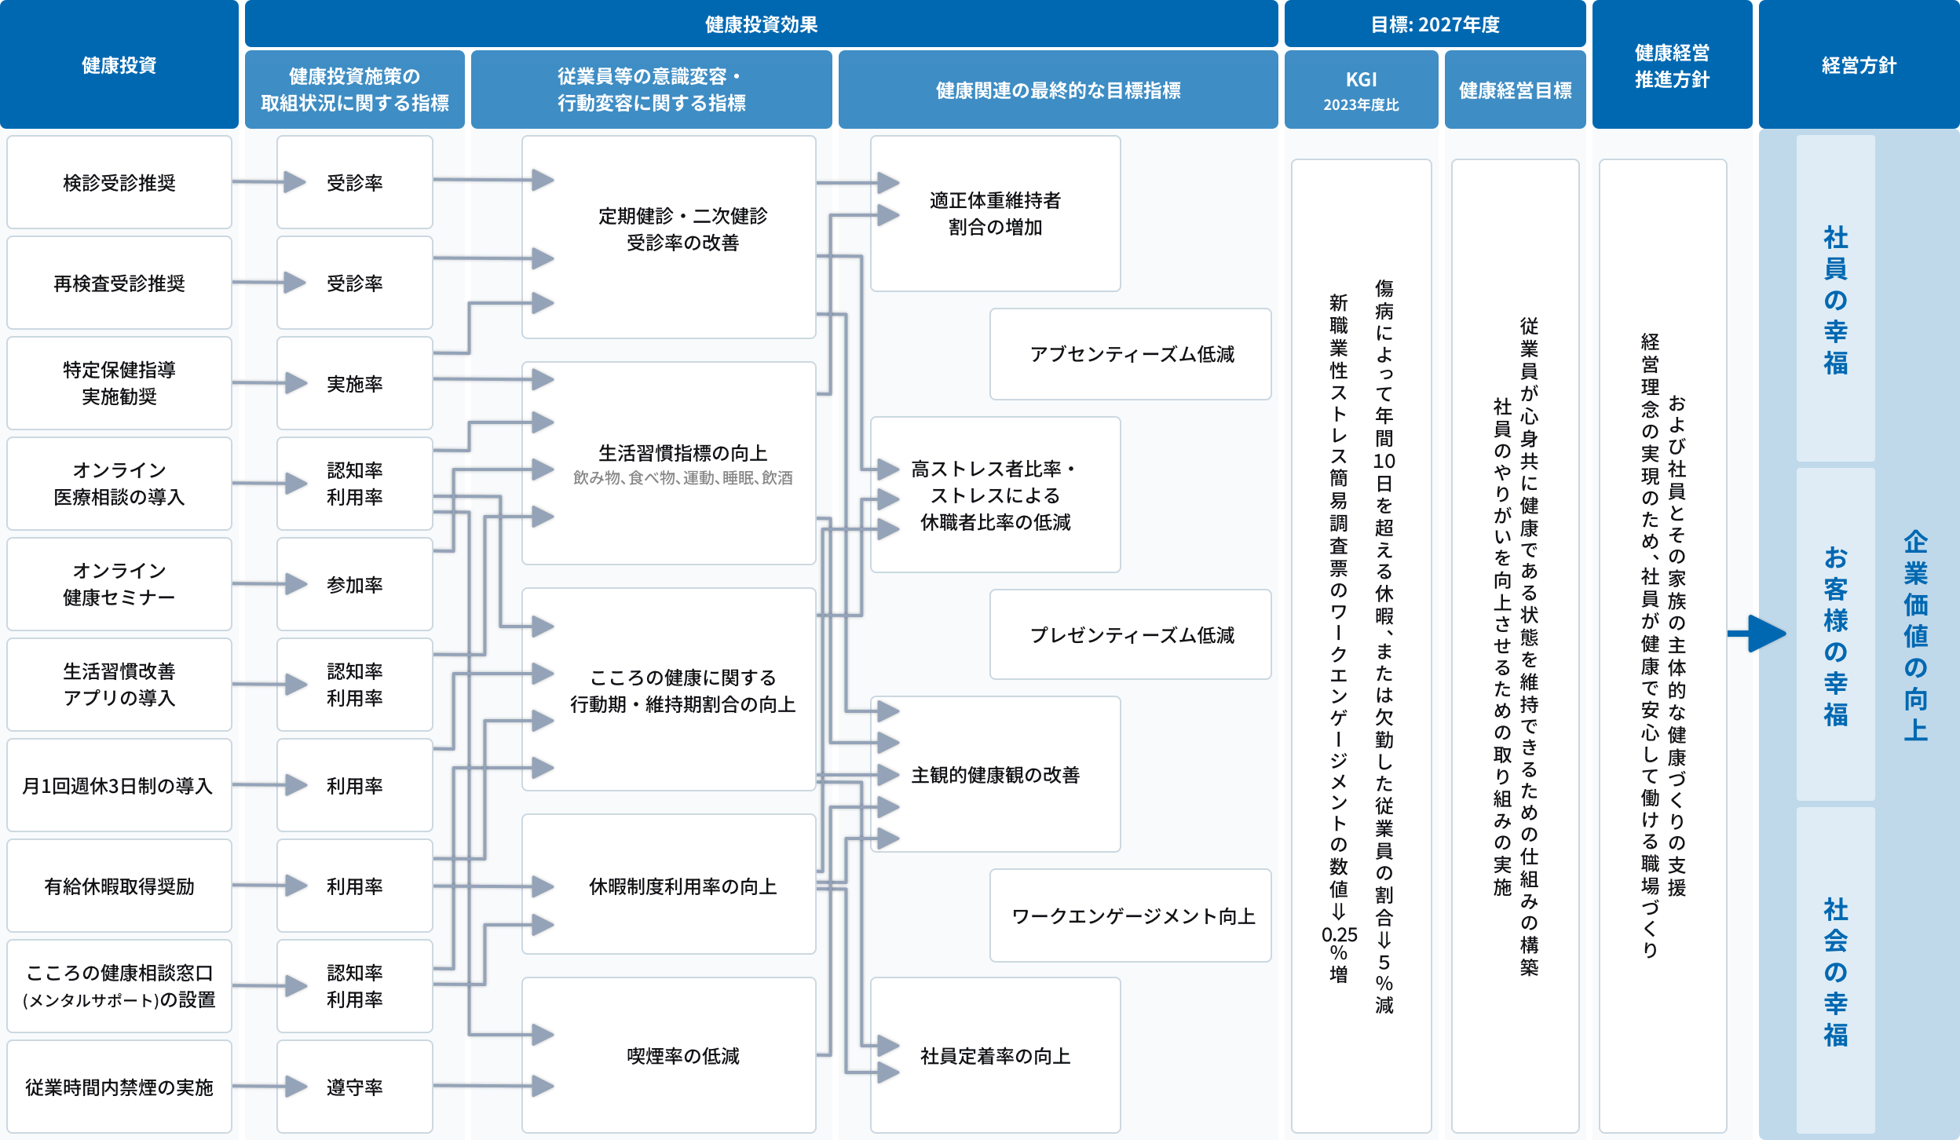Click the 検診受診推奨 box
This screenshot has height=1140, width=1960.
point(119,182)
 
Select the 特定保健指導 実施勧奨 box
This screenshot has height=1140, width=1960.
point(119,383)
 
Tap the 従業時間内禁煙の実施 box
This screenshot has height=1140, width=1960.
point(119,1087)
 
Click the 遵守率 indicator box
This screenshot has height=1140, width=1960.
point(354,1087)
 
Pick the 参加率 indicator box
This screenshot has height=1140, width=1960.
point(354,584)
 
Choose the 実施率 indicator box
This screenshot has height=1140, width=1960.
point(354,383)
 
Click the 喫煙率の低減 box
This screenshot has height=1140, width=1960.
point(682,1055)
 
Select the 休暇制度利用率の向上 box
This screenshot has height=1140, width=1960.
point(682,886)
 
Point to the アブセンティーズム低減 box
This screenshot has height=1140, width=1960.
point(1131,354)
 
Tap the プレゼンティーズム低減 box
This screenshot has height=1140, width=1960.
point(1131,634)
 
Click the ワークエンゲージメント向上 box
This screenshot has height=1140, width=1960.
point(1131,915)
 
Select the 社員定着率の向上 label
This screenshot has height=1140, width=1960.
point(995,1055)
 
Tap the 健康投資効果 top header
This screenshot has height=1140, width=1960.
point(760,24)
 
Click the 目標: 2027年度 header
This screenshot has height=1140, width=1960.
point(1435,24)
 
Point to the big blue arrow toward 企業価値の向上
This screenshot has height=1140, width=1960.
point(1759,634)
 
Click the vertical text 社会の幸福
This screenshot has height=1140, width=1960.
point(1835,972)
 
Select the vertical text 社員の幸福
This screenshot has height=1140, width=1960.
point(1835,299)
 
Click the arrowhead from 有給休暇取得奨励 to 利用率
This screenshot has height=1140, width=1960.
point(296,886)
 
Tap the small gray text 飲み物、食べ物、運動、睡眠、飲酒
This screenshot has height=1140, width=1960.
point(682,477)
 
